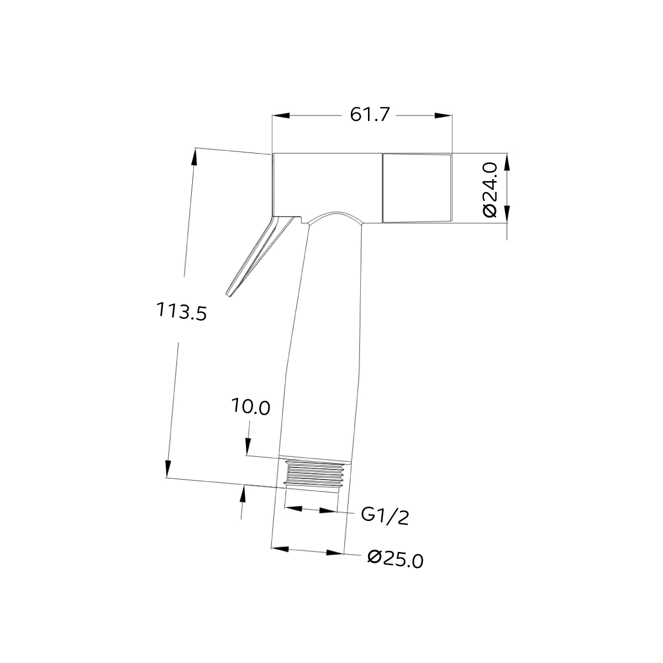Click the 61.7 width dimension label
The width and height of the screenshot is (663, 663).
(370, 115)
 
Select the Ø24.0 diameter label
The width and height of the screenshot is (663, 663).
(490, 190)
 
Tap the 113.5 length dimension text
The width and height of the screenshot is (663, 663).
(181, 311)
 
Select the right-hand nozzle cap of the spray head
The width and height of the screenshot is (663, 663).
(417, 188)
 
